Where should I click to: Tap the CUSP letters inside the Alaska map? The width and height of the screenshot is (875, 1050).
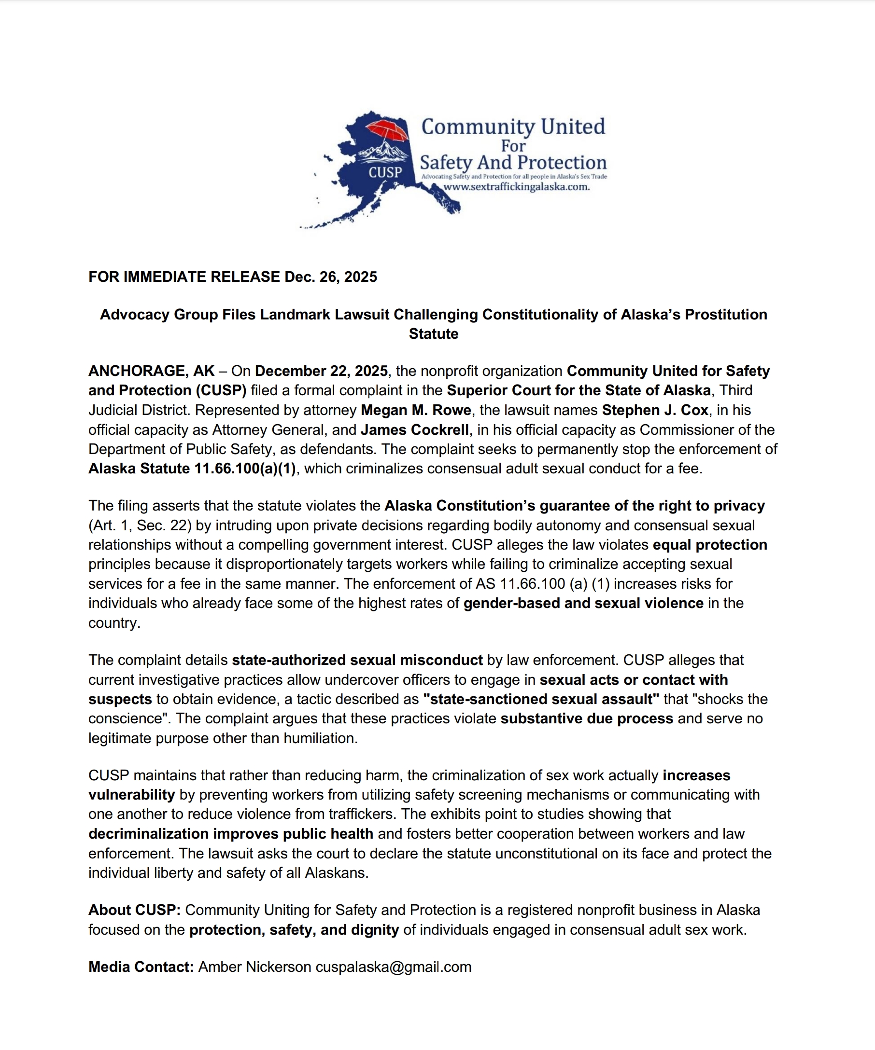pos(385,172)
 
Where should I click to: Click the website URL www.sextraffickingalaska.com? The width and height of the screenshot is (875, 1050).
pos(516,187)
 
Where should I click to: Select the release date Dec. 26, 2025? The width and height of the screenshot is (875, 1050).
pos(330,277)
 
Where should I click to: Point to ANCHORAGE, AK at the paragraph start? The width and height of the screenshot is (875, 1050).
pos(151,371)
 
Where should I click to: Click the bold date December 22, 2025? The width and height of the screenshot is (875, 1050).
pos(321,371)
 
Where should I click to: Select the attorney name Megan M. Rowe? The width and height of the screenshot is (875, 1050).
pos(416,410)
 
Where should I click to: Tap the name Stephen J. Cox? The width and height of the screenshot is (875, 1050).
pos(655,410)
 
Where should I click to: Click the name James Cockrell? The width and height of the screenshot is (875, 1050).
pos(415,429)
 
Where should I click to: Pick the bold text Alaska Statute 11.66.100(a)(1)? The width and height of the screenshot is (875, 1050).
pos(192,469)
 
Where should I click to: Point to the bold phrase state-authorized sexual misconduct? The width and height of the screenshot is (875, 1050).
pos(357,660)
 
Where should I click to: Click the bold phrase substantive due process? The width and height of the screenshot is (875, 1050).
pos(586,718)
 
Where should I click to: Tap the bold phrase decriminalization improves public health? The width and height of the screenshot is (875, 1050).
pos(231,834)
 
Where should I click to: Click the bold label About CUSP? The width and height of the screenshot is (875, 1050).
pos(134,910)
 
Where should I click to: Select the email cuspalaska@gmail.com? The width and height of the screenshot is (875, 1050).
pos(393,967)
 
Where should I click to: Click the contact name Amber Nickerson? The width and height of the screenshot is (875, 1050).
pos(254,967)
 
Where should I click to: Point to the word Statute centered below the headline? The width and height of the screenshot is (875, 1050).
pos(433,334)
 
